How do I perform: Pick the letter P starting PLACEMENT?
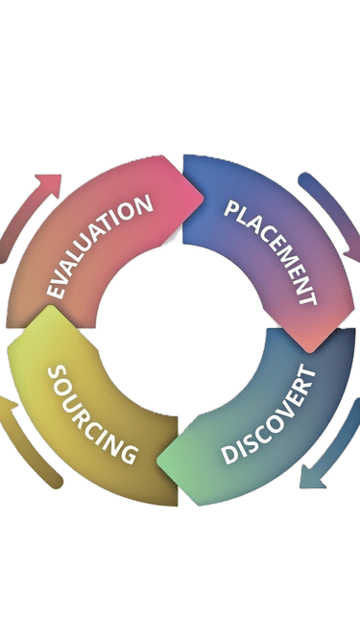coord(231,208)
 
